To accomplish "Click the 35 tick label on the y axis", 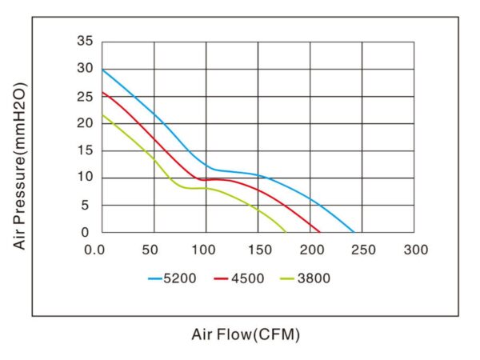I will pos(86,41).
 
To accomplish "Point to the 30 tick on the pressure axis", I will pos(86,68).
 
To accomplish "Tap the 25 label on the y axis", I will pos(86,96).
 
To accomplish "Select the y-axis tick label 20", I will pos(86,123).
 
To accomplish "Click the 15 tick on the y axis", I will pos(86,150).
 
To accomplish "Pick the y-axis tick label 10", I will pos(86,178).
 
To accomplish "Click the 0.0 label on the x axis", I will pos(95,250).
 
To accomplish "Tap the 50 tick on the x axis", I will pos(150,250).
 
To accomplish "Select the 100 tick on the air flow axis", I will pos(206,250).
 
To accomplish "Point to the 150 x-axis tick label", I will pos(258,250).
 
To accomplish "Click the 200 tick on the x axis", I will pos(310,250).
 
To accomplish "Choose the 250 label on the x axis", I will pos(362,250).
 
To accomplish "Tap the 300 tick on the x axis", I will pos(414,250).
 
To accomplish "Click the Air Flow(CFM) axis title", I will pos(246,334).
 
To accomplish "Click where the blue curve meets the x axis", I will pos(354,232).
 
